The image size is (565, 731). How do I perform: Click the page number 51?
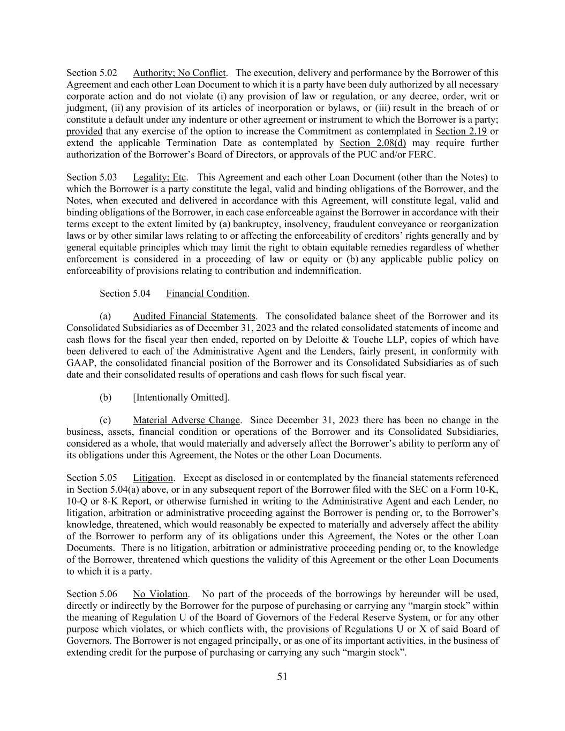282,676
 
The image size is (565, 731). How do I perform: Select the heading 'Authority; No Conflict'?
179,73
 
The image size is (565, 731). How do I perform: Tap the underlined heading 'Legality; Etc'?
159,177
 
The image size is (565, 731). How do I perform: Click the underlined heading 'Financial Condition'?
206,293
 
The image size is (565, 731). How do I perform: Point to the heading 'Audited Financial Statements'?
194,316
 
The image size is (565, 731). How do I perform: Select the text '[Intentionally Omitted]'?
181,397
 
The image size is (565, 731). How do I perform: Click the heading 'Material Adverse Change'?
186,420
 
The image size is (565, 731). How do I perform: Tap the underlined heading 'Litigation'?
153,478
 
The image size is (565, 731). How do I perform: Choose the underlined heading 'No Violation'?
160,594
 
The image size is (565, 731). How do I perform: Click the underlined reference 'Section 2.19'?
461,131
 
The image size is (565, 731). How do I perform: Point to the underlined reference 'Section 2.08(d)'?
373,143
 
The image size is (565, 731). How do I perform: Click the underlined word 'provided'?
84,131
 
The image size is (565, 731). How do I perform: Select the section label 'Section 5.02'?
92,73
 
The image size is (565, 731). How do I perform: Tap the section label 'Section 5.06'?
92,594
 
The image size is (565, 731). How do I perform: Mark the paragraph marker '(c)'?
106,420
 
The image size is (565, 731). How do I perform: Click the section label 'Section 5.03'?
92,177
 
